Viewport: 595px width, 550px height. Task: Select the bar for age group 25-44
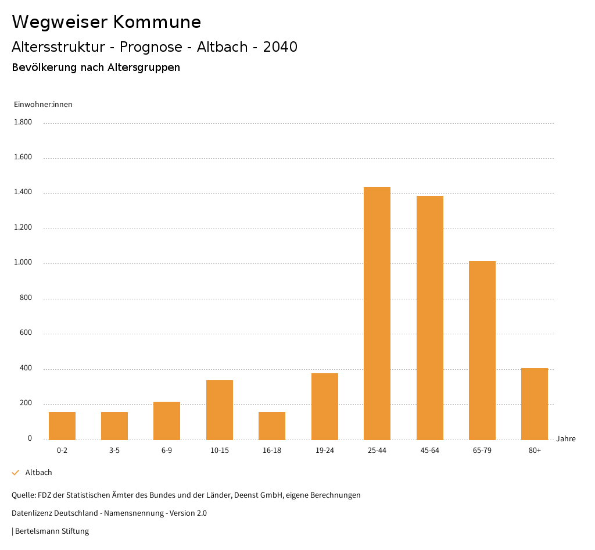(x=377, y=313)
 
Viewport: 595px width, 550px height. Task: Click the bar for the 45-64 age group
(x=430, y=317)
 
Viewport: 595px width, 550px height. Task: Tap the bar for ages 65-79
(x=482, y=350)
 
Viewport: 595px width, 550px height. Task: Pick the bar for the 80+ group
(x=535, y=403)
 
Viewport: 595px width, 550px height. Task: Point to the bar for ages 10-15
(x=220, y=410)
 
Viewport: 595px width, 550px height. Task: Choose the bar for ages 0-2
(x=62, y=426)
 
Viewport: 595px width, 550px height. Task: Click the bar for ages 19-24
(x=325, y=406)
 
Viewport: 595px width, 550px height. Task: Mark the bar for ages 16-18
(x=272, y=426)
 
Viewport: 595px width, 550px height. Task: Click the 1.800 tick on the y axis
(x=23, y=122)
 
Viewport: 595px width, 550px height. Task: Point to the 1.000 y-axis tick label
(x=23, y=263)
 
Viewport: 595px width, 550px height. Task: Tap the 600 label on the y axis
(x=26, y=333)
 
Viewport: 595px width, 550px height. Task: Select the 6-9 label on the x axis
(x=167, y=451)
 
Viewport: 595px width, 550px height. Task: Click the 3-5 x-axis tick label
(x=114, y=451)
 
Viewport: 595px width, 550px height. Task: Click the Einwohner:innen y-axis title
(x=43, y=105)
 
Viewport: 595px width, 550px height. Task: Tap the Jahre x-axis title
(x=565, y=439)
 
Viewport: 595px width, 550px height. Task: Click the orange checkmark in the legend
(x=16, y=473)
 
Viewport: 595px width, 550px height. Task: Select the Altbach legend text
(x=39, y=473)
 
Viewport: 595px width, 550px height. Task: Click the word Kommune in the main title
(x=157, y=22)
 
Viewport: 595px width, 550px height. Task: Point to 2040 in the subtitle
(x=280, y=47)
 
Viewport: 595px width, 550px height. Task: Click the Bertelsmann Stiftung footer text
(x=52, y=531)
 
